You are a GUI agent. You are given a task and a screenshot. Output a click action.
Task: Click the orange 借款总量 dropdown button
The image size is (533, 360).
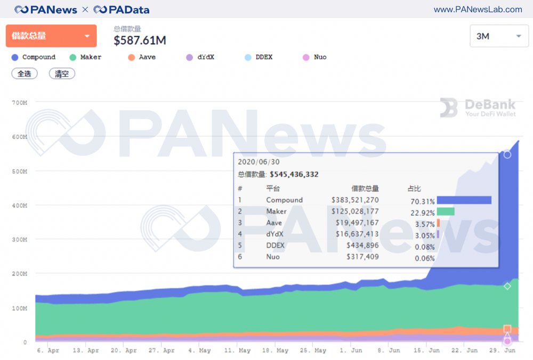pyautogui.click(x=51, y=36)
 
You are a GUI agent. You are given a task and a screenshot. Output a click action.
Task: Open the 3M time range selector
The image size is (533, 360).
pyautogui.click(x=499, y=36)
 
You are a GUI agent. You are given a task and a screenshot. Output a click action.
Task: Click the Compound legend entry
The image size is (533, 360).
pyautogui.click(x=34, y=57)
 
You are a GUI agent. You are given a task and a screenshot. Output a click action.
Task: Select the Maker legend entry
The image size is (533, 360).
pyautogui.click(x=85, y=57)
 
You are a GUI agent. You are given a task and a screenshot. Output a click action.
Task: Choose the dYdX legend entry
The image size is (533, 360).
pyautogui.click(x=200, y=57)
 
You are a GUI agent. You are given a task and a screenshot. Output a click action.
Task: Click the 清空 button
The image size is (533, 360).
pyautogui.click(x=62, y=73)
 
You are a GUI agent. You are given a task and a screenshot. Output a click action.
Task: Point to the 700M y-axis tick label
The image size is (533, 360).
pyautogui.click(x=19, y=102)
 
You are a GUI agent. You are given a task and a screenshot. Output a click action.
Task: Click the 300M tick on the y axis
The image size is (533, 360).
pyautogui.click(x=19, y=240)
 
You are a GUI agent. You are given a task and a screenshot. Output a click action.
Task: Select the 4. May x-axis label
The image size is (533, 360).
pyautogui.click(x=200, y=351)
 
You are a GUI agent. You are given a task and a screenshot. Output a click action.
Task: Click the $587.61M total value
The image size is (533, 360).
pyautogui.click(x=140, y=40)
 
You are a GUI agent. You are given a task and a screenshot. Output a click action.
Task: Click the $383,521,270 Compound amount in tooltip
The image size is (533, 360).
pyautogui.click(x=355, y=200)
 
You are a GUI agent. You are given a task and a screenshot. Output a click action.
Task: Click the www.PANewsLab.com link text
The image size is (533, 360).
pyautogui.click(x=478, y=10)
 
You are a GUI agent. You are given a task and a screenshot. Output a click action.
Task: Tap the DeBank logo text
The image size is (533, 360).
pyautogui.click(x=482, y=104)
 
